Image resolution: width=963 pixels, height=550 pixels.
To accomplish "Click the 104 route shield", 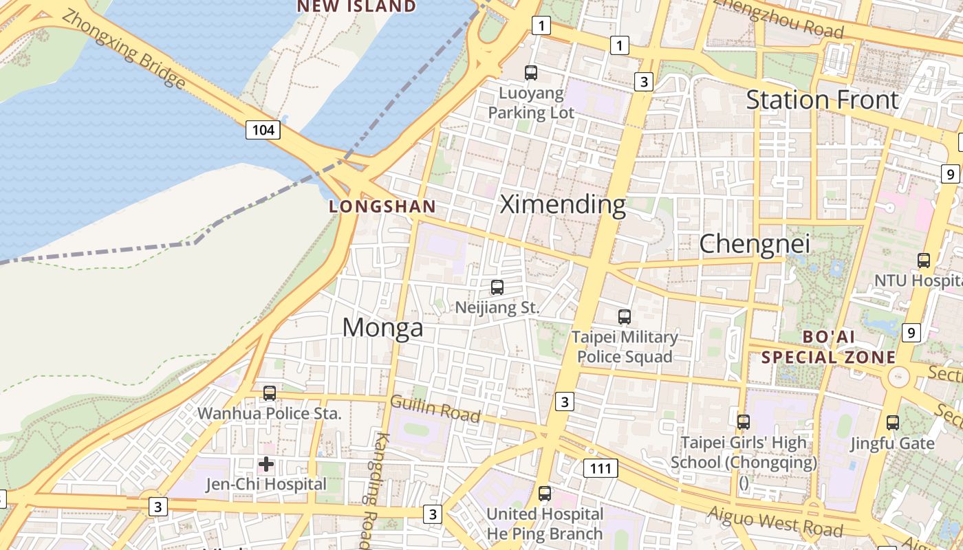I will click(263, 129).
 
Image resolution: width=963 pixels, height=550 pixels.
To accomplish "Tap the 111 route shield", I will click(600, 469).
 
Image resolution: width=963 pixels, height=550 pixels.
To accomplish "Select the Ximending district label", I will click(563, 204).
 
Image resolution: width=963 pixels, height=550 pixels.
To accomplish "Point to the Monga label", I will click(382, 327).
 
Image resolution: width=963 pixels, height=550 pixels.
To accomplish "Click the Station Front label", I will click(822, 100).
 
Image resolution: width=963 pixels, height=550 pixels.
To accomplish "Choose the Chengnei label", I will click(755, 243).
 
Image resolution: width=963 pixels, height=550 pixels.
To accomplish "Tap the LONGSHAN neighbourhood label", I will click(382, 206).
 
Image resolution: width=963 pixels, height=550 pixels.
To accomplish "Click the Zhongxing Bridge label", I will click(124, 49).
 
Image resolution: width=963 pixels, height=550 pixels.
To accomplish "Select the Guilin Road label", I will click(435, 408).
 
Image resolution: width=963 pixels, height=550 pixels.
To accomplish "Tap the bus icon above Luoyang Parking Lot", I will click(530, 72).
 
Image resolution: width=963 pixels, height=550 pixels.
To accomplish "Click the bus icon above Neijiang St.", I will click(497, 287).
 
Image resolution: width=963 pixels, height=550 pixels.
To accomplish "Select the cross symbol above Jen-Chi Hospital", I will click(266, 464).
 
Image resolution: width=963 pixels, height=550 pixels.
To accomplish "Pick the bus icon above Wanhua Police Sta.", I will click(270, 393).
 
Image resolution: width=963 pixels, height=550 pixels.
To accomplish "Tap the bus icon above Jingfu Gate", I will click(892, 423).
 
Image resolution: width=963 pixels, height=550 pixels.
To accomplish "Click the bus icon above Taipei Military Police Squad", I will click(624, 317).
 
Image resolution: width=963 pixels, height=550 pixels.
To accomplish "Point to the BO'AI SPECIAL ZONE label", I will click(829, 347).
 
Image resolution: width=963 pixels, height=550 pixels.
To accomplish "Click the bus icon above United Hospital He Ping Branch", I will click(545, 493).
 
